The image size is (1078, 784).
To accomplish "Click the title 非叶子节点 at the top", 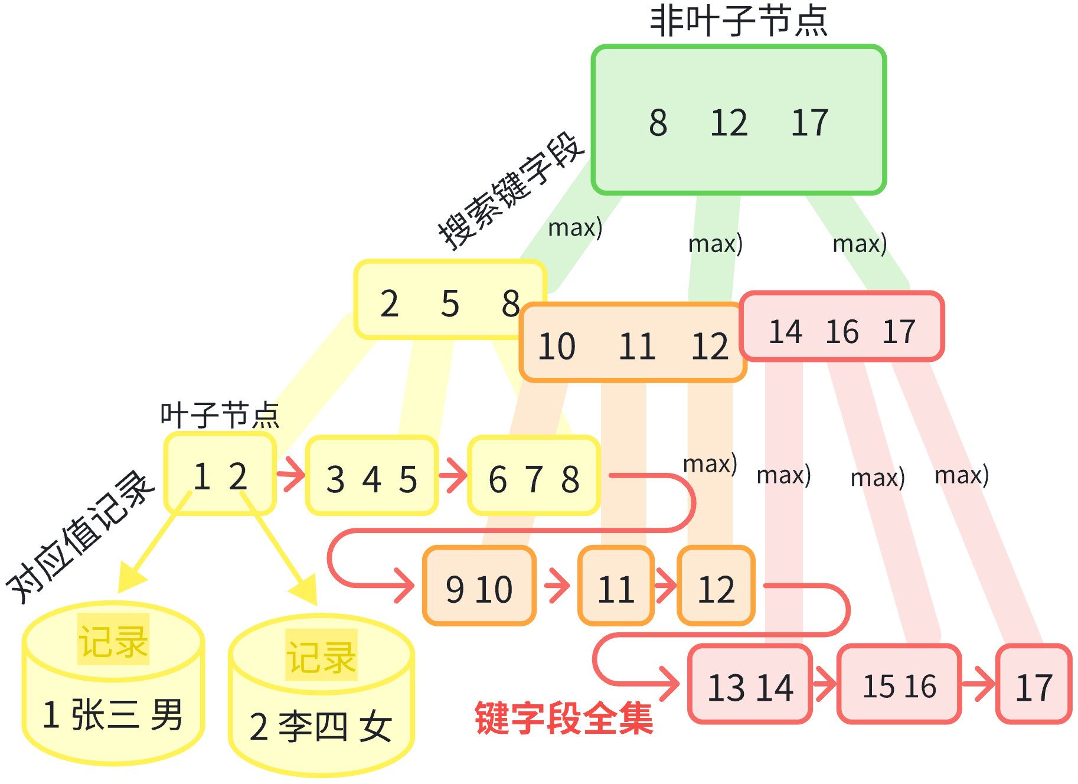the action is (739, 21).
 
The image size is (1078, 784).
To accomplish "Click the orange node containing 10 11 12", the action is (632, 345).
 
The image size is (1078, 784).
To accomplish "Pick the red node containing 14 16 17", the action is (842, 328).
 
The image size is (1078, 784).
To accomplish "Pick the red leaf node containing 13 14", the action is (750, 685).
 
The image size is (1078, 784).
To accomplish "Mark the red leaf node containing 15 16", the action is (899, 685).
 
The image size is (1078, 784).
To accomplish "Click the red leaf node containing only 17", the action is (1034, 685).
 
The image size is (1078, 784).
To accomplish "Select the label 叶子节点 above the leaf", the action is (220, 414).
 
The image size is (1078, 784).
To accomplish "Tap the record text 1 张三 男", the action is (113, 714).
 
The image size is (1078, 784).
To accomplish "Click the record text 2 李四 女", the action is (321, 726).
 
